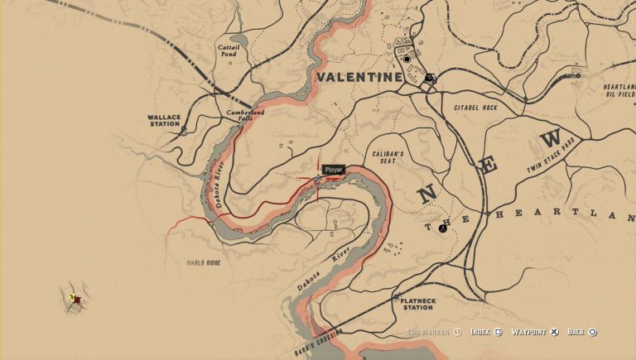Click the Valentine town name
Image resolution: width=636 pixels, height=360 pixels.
359,77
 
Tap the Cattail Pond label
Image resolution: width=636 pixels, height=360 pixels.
229,51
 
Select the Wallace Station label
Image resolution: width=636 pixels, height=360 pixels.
164,122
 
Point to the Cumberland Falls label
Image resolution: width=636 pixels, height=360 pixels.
246,116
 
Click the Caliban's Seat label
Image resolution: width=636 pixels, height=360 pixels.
386,157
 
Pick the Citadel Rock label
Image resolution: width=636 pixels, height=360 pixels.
475,108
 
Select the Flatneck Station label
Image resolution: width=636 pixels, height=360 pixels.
417,305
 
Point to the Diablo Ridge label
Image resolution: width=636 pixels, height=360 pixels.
203,262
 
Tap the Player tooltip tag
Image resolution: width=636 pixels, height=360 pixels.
333,170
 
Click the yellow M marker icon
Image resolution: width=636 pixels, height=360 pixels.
73,298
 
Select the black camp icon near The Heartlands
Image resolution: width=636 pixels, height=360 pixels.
442,228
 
